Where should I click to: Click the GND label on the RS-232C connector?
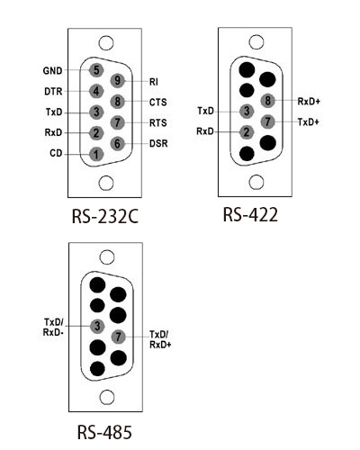[53, 71]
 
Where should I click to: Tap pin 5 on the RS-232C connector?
[96, 70]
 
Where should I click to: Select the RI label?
[154, 82]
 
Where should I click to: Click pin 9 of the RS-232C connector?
[118, 80]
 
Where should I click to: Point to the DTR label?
[53, 91]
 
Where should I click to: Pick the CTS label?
[158, 103]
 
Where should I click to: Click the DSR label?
[158, 143]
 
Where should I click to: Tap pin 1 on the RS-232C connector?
[96, 155]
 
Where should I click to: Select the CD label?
[56, 153]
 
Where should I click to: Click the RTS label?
[158, 123]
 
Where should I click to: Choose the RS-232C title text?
[105, 216]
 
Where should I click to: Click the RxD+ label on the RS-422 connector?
[309, 102]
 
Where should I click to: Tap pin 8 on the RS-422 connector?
[267, 101]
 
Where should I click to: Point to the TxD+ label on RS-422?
[309, 122]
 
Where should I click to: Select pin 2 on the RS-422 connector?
[247, 132]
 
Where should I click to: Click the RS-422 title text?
[250, 214]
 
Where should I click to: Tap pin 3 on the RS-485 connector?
[97, 326]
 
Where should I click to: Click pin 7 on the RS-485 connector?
[119, 337]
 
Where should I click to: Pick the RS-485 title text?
[104, 432]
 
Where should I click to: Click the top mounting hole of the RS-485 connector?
[107, 257]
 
